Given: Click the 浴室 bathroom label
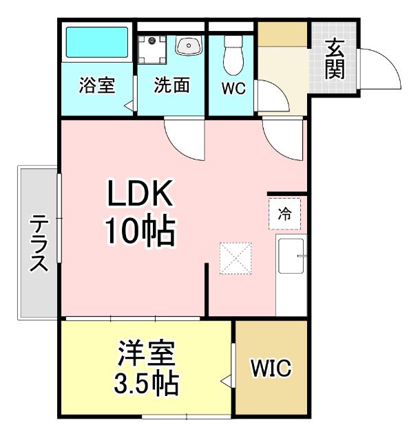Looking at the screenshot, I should coord(96,87).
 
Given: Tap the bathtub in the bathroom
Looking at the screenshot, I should coord(96,44).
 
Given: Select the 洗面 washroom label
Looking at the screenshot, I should coord(171,87).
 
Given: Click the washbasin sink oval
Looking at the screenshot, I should coord(187,46).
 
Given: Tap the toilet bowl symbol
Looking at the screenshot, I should coord(233,53).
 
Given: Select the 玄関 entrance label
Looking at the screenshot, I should coord(335,59).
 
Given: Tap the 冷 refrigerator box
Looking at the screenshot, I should coord(284,214).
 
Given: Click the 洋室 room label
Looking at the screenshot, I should coord(145,355).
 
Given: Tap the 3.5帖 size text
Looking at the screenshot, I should coord(146,382).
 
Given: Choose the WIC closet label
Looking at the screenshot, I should coord(271,368).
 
